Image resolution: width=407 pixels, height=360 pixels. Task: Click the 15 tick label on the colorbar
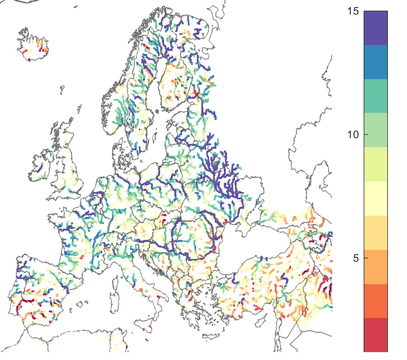point(354,11)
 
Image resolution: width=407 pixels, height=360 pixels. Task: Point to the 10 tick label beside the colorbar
point(354,135)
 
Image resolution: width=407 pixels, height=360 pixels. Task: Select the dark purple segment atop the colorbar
point(376,28)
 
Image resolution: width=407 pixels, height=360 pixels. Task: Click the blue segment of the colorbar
point(376,62)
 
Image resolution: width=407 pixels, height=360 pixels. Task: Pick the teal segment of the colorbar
point(376,96)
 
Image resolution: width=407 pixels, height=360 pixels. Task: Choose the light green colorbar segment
point(376,130)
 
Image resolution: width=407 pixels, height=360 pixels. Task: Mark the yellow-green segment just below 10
point(376,164)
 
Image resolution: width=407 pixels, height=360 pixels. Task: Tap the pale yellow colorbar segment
point(376,198)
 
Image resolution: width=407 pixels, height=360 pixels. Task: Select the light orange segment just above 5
point(376,233)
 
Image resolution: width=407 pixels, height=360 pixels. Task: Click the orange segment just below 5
point(376,267)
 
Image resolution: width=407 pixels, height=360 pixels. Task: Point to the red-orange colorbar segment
point(376,301)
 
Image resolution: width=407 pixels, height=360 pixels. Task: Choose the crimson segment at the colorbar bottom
point(376,335)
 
